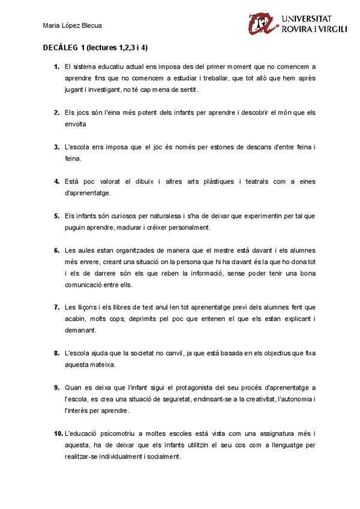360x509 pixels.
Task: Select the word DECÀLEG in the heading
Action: tap(60, 47)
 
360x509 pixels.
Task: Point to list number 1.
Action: tap(56, 66)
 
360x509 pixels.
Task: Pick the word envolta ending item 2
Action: tap(75, 124)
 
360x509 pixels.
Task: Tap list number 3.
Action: tap(56, 146)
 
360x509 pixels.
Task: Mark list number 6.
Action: tap(56, 250)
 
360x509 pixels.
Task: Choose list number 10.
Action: tap(58, 433)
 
